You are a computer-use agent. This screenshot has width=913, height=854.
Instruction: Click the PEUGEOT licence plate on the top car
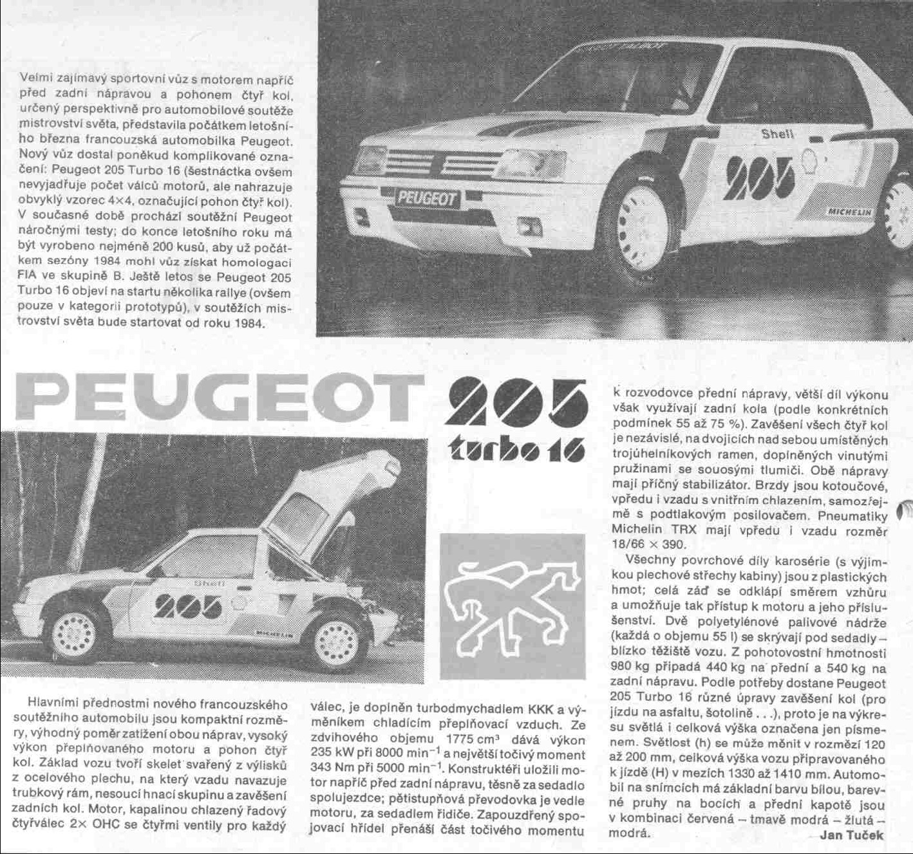click(427, 198)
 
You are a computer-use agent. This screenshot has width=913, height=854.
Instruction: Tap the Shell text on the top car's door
click(777, 135)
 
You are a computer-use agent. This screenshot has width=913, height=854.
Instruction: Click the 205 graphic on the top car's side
click(760, 177)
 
